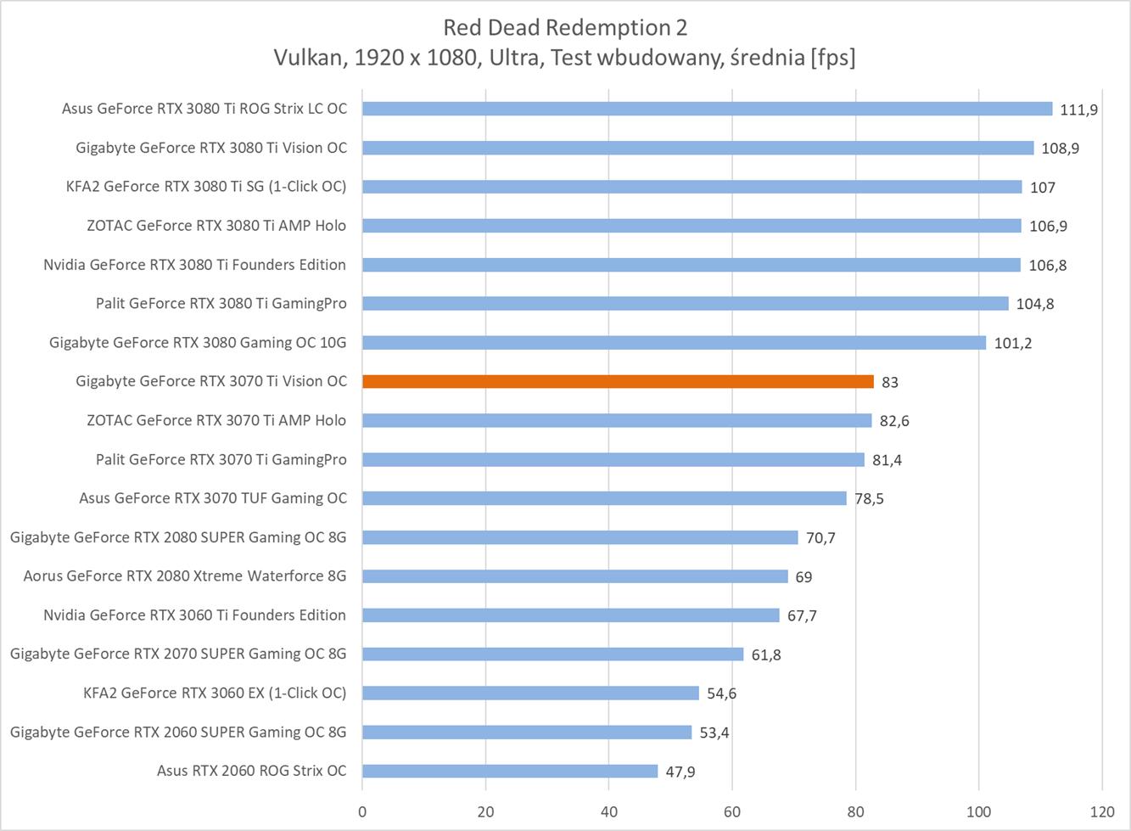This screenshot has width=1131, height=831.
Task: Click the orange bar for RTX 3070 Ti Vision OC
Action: coord(618,382)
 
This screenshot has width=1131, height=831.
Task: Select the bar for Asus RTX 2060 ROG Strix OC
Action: coord(510,771)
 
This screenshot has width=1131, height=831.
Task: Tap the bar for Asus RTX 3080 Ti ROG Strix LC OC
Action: coord(707,109)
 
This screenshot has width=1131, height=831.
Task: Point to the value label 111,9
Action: coord(1079,109)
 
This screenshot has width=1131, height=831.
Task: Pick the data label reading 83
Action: coord(889,382)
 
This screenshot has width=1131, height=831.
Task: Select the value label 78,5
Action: coord(869,498)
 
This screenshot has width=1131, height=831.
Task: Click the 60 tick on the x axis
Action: coord(732,811)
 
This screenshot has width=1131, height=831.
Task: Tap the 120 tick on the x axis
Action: coord(1102,811)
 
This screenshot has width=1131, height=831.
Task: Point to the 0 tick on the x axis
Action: coord(362,811)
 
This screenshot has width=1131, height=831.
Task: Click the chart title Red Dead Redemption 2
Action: coord(565,28)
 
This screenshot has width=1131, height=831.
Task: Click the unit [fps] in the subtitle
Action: coord(832,58)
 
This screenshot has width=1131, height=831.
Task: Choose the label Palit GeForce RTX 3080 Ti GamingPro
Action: coord(221,303)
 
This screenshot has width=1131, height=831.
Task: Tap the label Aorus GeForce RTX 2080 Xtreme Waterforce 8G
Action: coord(185,576)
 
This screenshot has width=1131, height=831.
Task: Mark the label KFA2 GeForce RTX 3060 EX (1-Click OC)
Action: coord(215,693)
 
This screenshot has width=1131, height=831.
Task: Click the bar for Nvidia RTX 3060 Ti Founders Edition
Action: coord(571,615)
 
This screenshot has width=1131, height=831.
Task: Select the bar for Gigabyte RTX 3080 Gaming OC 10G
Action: coord(674,343)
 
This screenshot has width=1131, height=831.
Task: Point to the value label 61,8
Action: coord(765,654)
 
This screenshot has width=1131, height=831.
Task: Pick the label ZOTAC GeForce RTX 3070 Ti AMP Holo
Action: coord(216,420)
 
